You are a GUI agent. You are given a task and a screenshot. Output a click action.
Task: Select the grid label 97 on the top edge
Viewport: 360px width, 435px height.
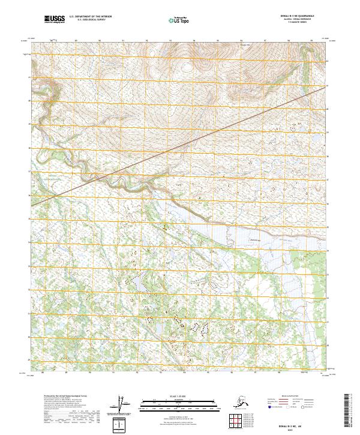[x=265, y=41]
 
